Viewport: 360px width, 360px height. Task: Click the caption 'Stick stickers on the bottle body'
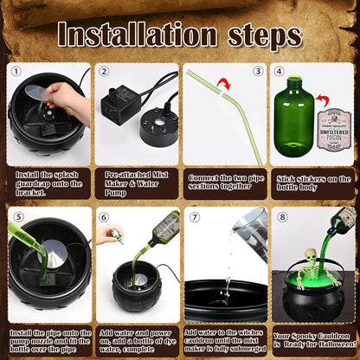point(312,183)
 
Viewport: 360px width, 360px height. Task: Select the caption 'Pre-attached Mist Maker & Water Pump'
point(135,183)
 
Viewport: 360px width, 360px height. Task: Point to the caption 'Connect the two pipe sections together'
point(223,183)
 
